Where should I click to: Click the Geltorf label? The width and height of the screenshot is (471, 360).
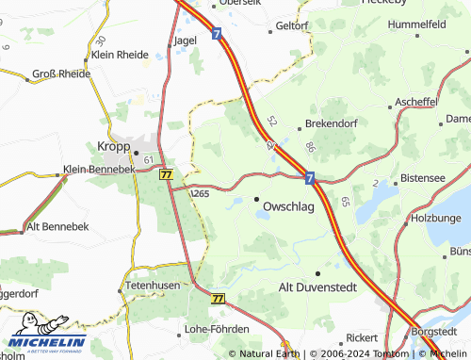(290, 25)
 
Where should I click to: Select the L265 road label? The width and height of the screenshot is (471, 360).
(200, 193)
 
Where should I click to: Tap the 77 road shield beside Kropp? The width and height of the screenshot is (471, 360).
(167, 174)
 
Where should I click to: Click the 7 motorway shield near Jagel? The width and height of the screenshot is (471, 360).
(217, 33)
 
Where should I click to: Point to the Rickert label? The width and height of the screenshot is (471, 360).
(362, 336)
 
